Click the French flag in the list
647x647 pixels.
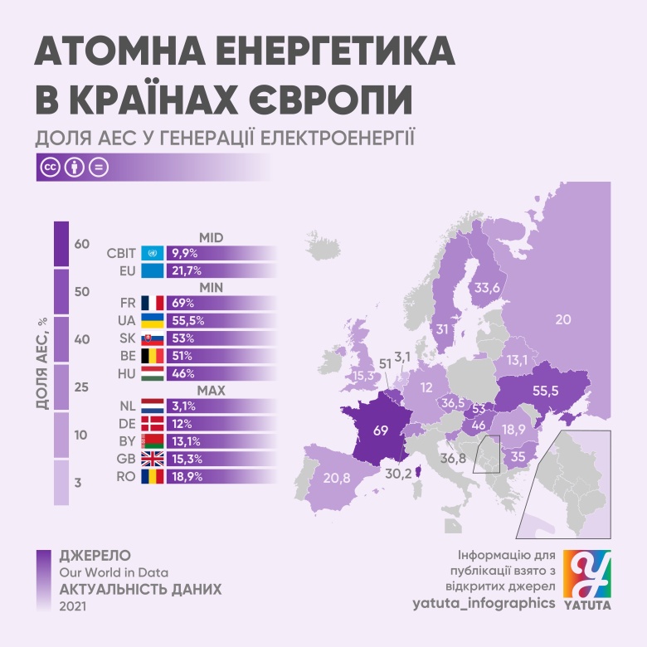(x=153, y=303)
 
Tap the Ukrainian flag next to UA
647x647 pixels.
(x=153, y=320)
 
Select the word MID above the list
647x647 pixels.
(x=212, y=237)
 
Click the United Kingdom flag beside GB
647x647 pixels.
(x=153, y=460)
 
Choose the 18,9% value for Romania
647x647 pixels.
(x=185, y=477)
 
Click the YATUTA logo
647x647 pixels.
(x=587, y=580)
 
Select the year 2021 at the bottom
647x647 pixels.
(x=73, y=607)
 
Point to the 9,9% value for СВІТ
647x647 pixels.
(x=183, y=253)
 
